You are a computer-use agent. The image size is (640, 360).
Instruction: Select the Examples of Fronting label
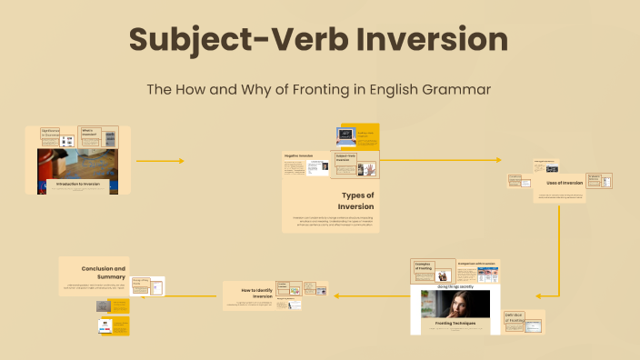pyautogui.click(x=424, y=266)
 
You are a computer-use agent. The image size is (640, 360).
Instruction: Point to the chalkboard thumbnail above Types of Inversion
pyautogui.click(x=346, y=134)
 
